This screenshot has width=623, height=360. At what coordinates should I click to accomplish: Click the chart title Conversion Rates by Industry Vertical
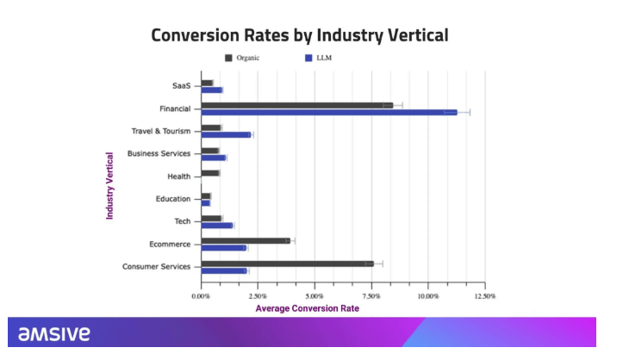[300, 35]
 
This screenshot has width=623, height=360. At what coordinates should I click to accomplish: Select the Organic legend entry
[242, 58]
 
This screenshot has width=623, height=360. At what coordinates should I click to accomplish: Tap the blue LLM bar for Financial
[328, 112]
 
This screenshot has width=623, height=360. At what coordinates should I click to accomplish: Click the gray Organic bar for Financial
[296, 105]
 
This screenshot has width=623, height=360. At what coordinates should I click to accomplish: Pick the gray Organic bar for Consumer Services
[287, 264]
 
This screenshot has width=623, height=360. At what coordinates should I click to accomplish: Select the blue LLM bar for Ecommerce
[223, 248]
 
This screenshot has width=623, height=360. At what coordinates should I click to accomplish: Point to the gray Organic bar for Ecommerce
[246, 240]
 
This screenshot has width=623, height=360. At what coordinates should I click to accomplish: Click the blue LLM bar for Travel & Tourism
[226, 134]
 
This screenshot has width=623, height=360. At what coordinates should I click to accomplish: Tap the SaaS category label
[182, 85]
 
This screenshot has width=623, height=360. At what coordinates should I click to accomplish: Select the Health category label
[179, 176]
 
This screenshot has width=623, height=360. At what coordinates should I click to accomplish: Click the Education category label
[174, 198]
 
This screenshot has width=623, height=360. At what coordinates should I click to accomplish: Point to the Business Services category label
[159, 153]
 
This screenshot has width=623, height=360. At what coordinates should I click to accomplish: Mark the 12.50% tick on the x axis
[485, 295]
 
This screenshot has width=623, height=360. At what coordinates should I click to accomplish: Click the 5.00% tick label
[315, 295]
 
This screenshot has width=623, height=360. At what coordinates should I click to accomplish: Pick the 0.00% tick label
[201, 295]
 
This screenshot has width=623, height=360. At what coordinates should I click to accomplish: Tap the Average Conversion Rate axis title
[307, 307]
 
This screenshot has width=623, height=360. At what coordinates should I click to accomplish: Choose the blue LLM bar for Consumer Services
[224, 270]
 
